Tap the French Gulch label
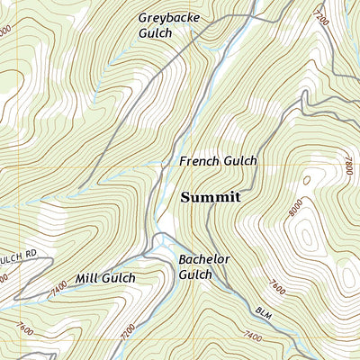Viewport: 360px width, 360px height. pos(218,161)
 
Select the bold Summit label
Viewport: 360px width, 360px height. pos(211,197)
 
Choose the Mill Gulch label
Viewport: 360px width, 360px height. pos(105,279)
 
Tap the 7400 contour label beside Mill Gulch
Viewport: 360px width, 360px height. pos(60,286)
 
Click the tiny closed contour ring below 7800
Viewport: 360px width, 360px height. pos(307,180)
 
